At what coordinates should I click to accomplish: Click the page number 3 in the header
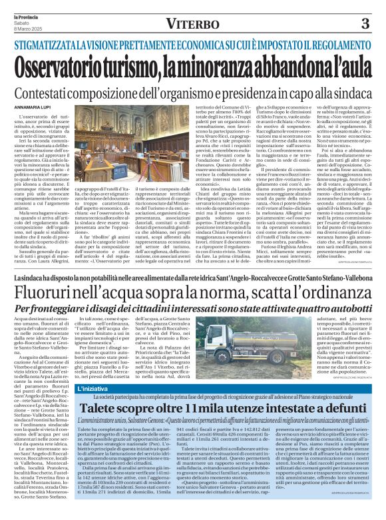point(364,24)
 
